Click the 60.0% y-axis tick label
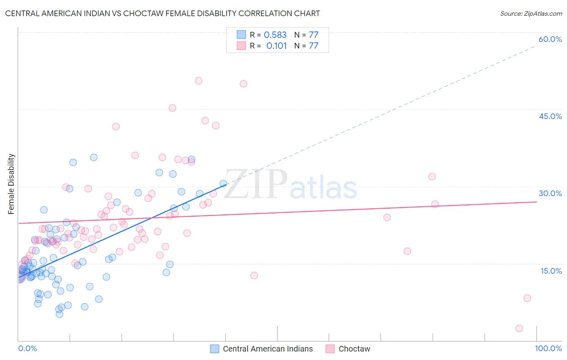550,39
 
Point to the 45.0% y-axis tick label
550,116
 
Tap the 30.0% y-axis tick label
550,193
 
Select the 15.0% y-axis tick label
551,271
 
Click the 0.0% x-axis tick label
27,348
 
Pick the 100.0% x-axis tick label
548,348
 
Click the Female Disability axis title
11,184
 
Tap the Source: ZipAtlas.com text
531,14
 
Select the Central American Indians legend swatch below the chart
215,349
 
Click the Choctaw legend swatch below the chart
330,349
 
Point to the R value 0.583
275,35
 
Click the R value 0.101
276,46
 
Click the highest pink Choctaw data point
198,81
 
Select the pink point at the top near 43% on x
243,84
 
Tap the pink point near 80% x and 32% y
432,176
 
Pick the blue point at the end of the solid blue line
223,184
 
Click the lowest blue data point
59,314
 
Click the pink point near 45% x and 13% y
254,275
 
